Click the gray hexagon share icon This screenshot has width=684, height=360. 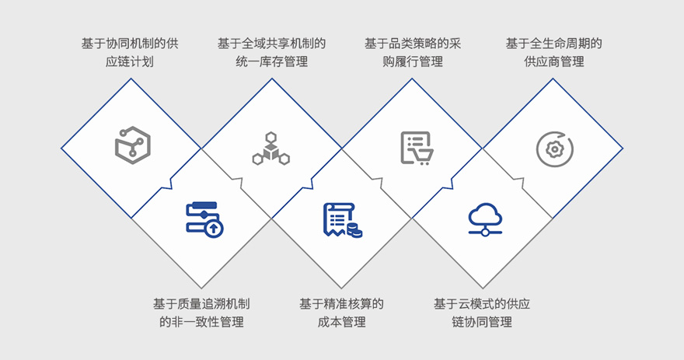(x=133, y=145)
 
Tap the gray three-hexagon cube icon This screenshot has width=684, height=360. (x=271, y=149)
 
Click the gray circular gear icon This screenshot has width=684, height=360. (x=554, y=149)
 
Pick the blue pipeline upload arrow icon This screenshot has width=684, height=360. (x=204, y=219)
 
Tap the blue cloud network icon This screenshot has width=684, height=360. (x=485, y=219)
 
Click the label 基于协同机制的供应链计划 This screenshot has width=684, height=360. (x=130, y=52)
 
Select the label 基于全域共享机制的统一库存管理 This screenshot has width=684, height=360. (x=272, y=52)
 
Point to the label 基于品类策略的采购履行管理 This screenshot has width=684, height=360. (x=413, y=52)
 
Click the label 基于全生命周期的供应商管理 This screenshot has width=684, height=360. (x=554, y=52)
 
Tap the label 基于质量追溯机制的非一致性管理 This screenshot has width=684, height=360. (x=201, y=313)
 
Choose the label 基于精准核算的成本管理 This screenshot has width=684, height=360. (x=341, y=313)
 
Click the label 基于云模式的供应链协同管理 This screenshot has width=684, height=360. (x=482, y=313)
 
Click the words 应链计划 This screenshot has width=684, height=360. (x=130, y=61)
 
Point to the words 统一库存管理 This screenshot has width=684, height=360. (x=272, y=61)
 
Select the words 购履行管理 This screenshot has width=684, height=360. (x=413, y=61)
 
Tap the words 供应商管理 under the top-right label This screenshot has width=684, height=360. (x=554, y=61)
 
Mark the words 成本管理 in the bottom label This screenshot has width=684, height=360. (x=341, y=322)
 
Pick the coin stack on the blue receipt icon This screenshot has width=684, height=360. (x=354, y=230)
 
